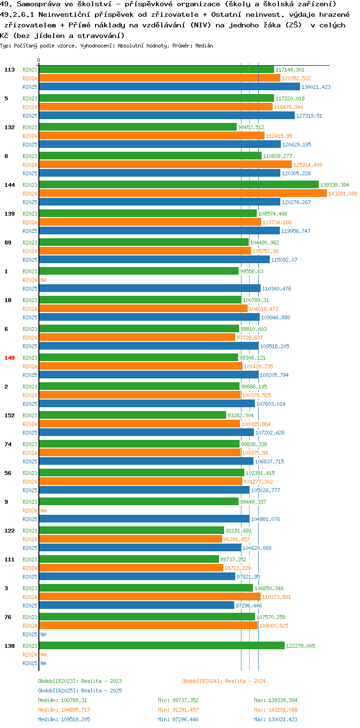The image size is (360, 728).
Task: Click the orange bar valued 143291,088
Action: (183, 194)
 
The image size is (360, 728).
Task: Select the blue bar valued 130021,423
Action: (169, 87)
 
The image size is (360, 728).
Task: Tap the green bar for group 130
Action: (162, 646)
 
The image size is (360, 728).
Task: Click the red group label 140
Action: (10, 358)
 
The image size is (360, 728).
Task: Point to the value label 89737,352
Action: (233, 559)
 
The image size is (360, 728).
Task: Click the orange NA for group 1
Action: (43, 280)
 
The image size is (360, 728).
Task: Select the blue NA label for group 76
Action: (43, 634)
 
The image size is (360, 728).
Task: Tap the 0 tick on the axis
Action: (39, 60)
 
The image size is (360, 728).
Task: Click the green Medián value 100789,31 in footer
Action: (74, 700)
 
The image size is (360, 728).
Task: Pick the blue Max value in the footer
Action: (283, 719)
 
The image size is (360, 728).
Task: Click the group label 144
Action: (10, 185)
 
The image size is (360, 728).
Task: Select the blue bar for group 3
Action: (137, 606)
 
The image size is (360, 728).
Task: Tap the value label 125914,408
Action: (308, 165)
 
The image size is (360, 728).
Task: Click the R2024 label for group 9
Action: (30, 510)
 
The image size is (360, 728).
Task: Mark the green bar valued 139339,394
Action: (179, 184)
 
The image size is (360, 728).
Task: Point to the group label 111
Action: (10, 559)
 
